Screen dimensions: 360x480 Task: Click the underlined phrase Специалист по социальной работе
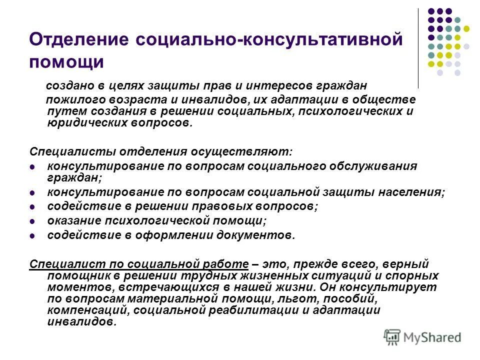139,263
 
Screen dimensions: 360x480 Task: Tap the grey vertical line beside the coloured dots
418,47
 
